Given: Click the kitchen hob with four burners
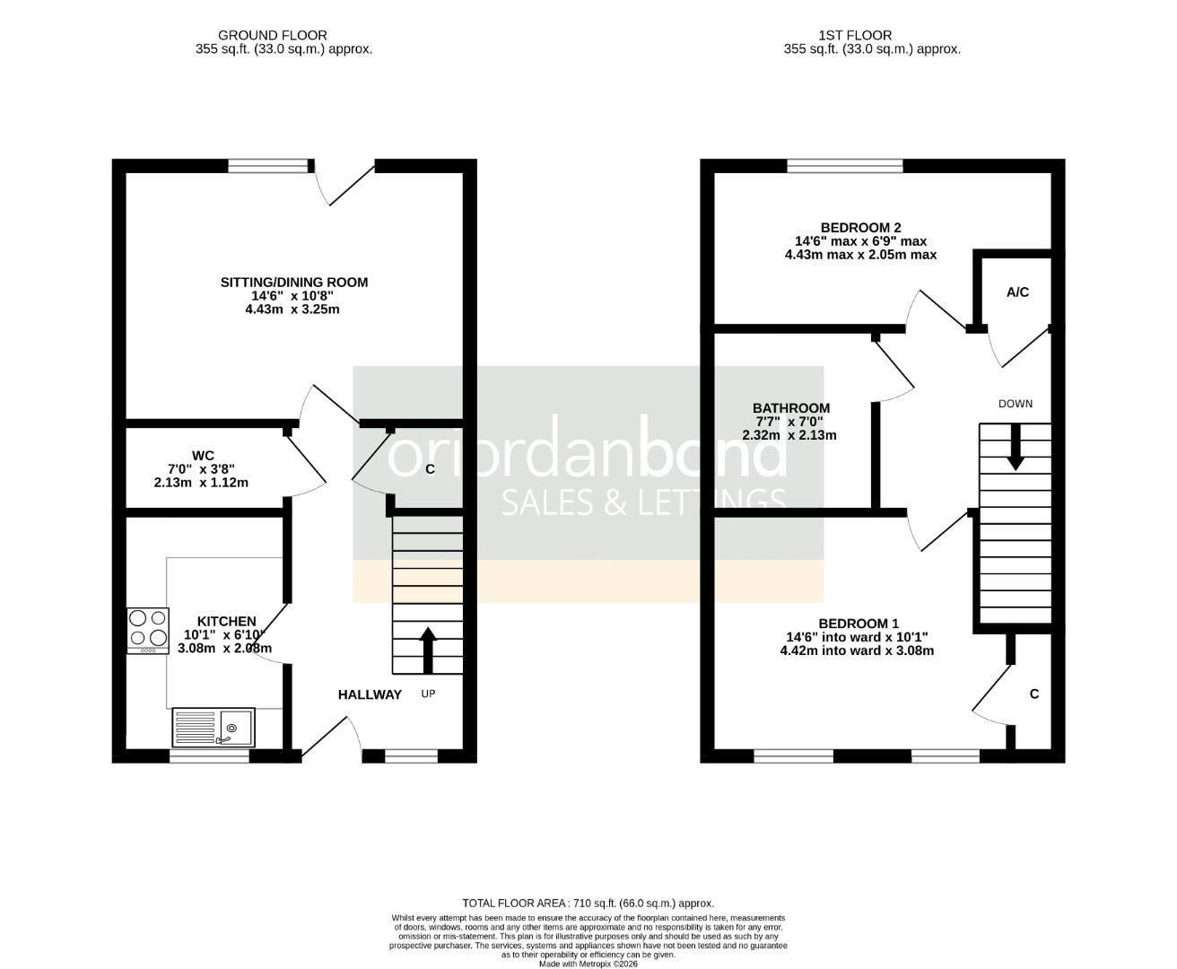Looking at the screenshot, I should point(148,630).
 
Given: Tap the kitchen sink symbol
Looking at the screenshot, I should point(214,728).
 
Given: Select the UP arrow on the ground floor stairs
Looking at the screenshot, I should point(428,650).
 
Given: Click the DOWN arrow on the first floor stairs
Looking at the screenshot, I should point(1016,447).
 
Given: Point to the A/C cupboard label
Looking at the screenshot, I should point(1017,292).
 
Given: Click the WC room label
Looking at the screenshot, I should point(203,456).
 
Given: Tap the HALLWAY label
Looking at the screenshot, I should point(370,694).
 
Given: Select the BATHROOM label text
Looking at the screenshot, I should point(790,408).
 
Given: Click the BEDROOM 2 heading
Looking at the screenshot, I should point(860,228).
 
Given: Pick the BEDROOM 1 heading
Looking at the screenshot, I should point(858,624).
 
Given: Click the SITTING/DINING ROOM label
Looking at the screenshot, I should point(294,283).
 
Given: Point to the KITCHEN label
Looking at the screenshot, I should point(227,621).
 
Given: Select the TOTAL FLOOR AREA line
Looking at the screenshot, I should point(588,904).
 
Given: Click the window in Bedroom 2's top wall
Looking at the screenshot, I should point(845,166).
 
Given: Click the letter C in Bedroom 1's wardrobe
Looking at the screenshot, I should point(1034,694).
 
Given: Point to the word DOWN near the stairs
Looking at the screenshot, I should point(1016,404).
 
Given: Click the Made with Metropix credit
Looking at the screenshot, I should point(588,964).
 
